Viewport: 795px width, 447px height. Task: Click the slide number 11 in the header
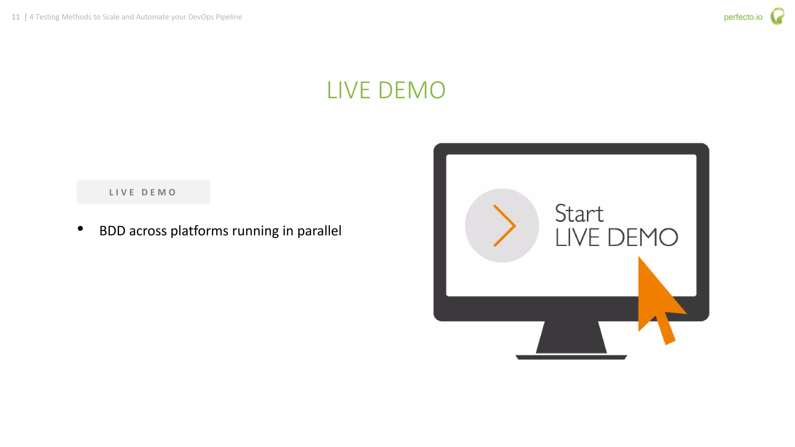coord(16,17)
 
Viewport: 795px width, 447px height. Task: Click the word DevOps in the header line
coord(201,17)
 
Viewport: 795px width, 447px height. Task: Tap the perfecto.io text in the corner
coord(743,17)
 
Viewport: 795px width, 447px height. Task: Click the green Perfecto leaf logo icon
coord(777,16)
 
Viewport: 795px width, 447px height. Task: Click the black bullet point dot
coord(80,229)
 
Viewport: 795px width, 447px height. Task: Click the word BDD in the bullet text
coord(112,231)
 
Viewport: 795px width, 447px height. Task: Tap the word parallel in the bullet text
coord(319,231)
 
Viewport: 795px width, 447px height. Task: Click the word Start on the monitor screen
coord(579,213)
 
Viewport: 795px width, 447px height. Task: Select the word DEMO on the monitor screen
coord(642,237)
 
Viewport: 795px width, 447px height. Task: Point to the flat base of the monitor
coord(571,357)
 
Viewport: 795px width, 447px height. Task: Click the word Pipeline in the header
coord(229,17)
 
